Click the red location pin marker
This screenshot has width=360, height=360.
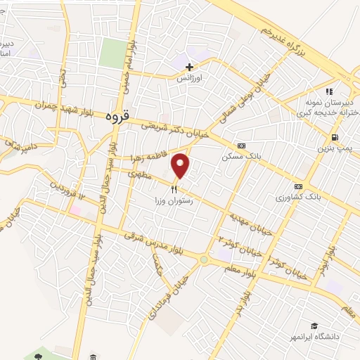point(181,165)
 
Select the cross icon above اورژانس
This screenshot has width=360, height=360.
point(188,67)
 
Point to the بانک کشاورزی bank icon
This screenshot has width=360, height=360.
point(298,186)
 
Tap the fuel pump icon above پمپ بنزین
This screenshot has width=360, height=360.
point(333,137)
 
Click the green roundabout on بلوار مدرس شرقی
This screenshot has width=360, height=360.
point(204,260)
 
